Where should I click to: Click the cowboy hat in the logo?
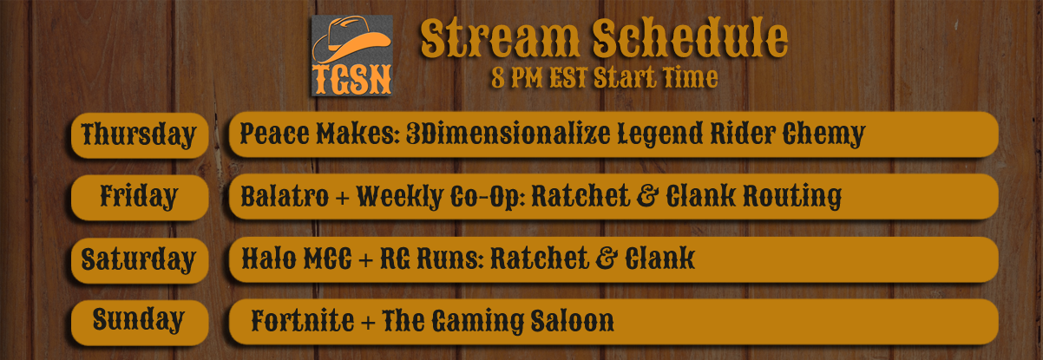click(x=351, y=40)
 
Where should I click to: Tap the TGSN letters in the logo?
click(x=352, y=80)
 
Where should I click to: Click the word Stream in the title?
click(x=500, y=38)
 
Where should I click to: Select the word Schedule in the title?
click(x=690, y=37)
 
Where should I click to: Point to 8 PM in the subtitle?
click(x=517, y=78)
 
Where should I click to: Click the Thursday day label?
click(x=139, y=135)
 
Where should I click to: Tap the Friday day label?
click(x=139, y=196)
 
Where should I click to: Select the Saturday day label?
click(x=138, y=259)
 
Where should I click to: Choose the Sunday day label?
click(x=138, y=320)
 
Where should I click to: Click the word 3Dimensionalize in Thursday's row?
click(x=508, y=134)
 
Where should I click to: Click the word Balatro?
click(x=285, y=196)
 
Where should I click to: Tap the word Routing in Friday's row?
click(x=792, y=197)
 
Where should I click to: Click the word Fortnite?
click(x=303, y=320)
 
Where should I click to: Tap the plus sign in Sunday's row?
click(x=368, y=323)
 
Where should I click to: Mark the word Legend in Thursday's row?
click(x=659, y=135)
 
